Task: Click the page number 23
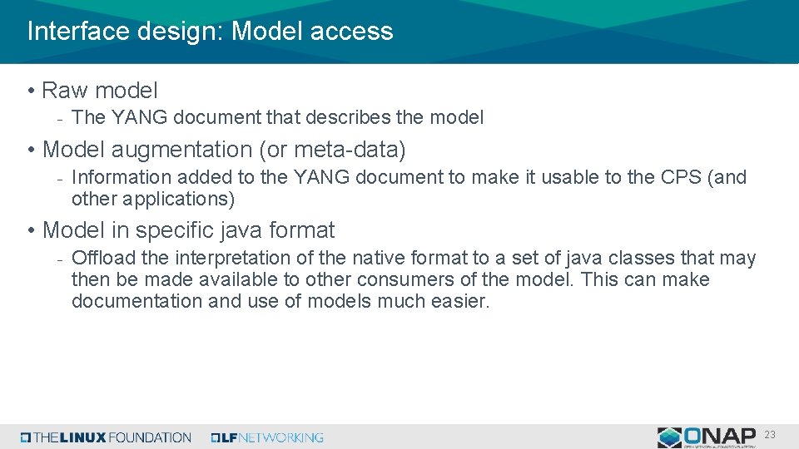point(770,434)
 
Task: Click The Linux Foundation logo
point(106,437)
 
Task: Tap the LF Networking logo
point(267,437)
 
